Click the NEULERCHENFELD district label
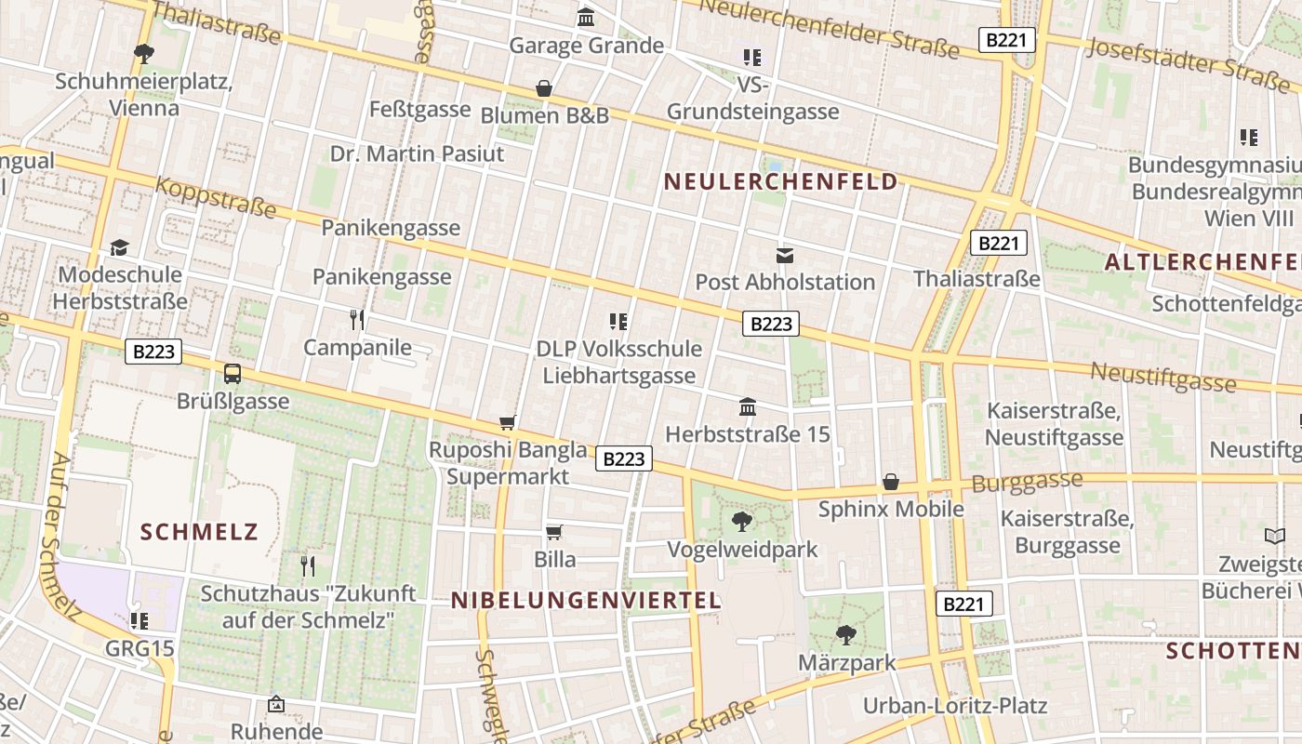pyautogui.click(x=781, y=181)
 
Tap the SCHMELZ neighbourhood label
pyautogui.click(x=199, y=532)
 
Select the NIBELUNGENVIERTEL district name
pyautogui.click(x=586, y=601)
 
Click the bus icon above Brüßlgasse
pyautogui.click(x=232, y=374)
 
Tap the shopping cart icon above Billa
pyautogui.click(x=554, y=532)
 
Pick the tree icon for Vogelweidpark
pyautogui.click(x=741, y=521)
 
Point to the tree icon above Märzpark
pyautogui.click(x=845, y=635)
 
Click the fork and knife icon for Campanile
pyautogui.click(x=357, y=320)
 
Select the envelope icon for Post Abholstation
pyautogui.click(x=785, y=255)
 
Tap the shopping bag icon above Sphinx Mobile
pyautogui.click(x=891, y=482)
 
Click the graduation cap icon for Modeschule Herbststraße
pyautogui.click(x=119, y=247)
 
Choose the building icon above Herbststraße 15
pyautogui.click(x=748, y=406)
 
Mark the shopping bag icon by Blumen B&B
pyautogui.click(x=544, y=88)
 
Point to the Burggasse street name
pyautogui.click(x=1027, y=482)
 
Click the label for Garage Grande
pyautogui.click(x=586, y=46)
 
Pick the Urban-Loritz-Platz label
pyautogui.click(x=955, y=706)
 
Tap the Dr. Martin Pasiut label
pyautogui.click(x=418, y=153)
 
